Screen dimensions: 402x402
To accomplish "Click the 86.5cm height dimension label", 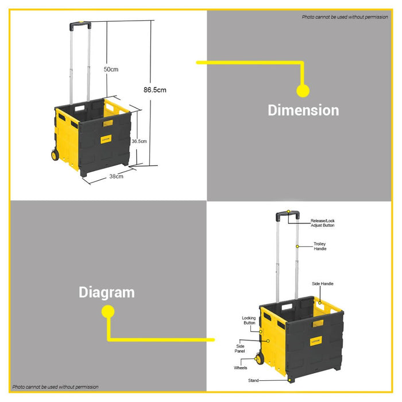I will pos(155,90).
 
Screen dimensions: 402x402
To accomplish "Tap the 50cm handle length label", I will pos(111,69).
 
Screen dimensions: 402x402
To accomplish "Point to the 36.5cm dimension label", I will pos(140,141).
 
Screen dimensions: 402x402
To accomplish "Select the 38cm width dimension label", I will pos(116,176).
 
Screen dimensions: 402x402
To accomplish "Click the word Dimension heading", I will pos(303,110).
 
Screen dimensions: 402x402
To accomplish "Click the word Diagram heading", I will pos(106,292).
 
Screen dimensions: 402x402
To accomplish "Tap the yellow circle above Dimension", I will pos(303,90).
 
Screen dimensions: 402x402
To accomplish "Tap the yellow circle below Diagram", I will pos(107,312).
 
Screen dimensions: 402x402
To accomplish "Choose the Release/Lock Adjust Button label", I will pos(322,223).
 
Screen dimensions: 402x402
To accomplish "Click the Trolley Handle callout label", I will pos(320,246).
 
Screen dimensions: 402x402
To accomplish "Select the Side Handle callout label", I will pos(322,284).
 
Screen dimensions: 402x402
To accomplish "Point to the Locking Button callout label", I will pos(249,320).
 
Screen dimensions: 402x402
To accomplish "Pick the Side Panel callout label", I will pos(240,349).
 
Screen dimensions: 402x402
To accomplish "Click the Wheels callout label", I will pos(240,368).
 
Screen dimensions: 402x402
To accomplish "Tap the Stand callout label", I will pos(253,381).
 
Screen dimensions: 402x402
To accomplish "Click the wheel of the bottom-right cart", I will pos(260,360).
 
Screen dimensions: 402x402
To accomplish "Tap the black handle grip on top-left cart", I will pos(80,26).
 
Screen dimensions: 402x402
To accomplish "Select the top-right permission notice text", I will pos(345,17).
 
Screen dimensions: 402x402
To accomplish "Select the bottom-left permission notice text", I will pos(55,387).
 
